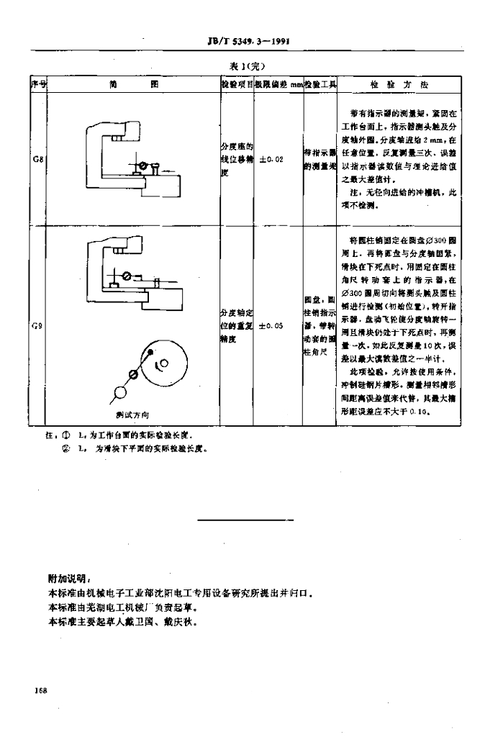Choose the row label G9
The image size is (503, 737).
tap(37, 326)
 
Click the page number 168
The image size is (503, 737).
tap(40, 691)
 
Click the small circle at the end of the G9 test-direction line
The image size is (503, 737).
tap(119, 392)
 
